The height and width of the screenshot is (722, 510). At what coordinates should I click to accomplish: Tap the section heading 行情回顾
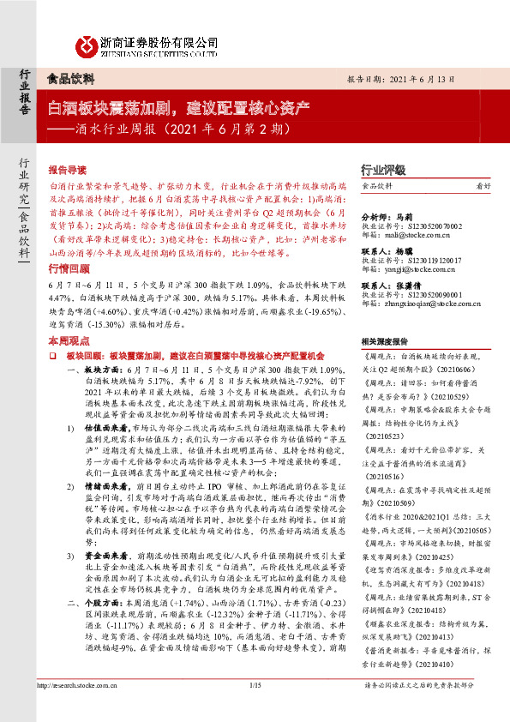tap(68, 269)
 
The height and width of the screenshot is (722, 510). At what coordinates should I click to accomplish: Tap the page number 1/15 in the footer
tap(254, 707)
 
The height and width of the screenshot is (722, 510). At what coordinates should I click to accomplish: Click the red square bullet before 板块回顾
tap(52, 354)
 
